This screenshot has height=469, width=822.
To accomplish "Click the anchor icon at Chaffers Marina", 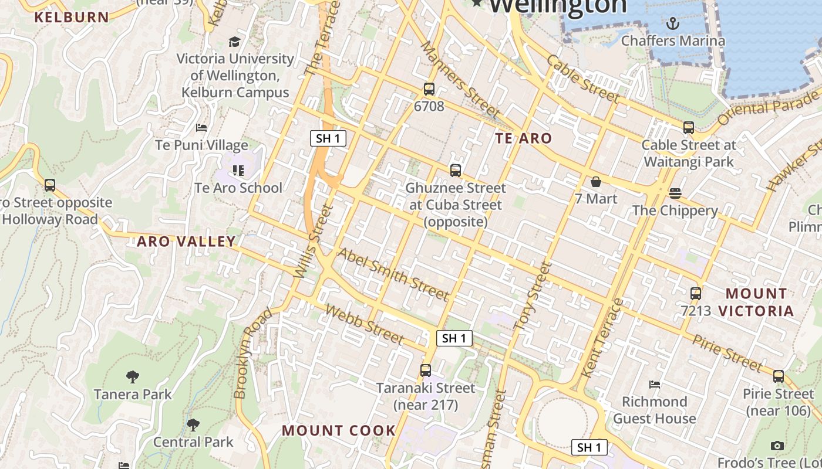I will tap(673, 23).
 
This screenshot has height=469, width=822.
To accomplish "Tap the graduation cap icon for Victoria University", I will tap(234, 42).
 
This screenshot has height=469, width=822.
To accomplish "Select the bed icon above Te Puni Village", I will tap(201, 127).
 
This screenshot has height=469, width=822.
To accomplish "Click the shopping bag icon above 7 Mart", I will tap(595, 182).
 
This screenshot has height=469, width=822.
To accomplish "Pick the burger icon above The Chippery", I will tap(675, 193).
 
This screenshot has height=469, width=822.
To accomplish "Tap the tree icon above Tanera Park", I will tap(133, 376).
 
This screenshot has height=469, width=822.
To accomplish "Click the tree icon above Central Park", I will tap(193, 424).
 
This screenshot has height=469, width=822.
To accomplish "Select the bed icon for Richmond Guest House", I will tap(655, 385).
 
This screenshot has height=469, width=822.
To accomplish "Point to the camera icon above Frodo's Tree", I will tap(777, 446).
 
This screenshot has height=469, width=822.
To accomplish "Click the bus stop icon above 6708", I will tap(429, 89).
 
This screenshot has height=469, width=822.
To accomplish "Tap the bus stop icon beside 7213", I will tap(696, 294).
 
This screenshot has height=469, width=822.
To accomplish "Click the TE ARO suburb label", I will tap(523, 138).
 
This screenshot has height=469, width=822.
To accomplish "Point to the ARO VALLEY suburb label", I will tap(186, 242).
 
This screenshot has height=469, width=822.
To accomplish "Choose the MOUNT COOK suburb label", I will tap(339, 430).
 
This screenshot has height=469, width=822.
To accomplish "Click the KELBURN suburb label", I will tap(72, 17).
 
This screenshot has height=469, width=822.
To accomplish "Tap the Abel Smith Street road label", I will tap(393, 274).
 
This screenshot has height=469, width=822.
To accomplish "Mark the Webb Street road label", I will tap(364, 325).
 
